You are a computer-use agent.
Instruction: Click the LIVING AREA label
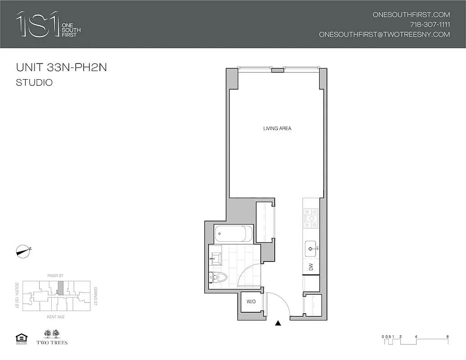click(x=277, y=129)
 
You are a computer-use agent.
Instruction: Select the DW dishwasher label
click(x=311, y=266)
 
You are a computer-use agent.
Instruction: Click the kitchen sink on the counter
click(x=311, y=247)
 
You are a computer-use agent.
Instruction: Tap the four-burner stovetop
click(x=311, y=218)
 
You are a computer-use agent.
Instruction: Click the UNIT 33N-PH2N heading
click(x=61, y=68)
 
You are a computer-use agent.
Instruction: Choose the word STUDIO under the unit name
click(x=34, y=83)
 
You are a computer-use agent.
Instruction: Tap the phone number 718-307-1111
click(x=430, y=24)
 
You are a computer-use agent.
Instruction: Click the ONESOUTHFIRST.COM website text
click(x=411, y=14)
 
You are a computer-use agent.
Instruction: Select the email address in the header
click(x=384, y=35)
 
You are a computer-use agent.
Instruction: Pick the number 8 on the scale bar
click(x=447, y=336)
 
